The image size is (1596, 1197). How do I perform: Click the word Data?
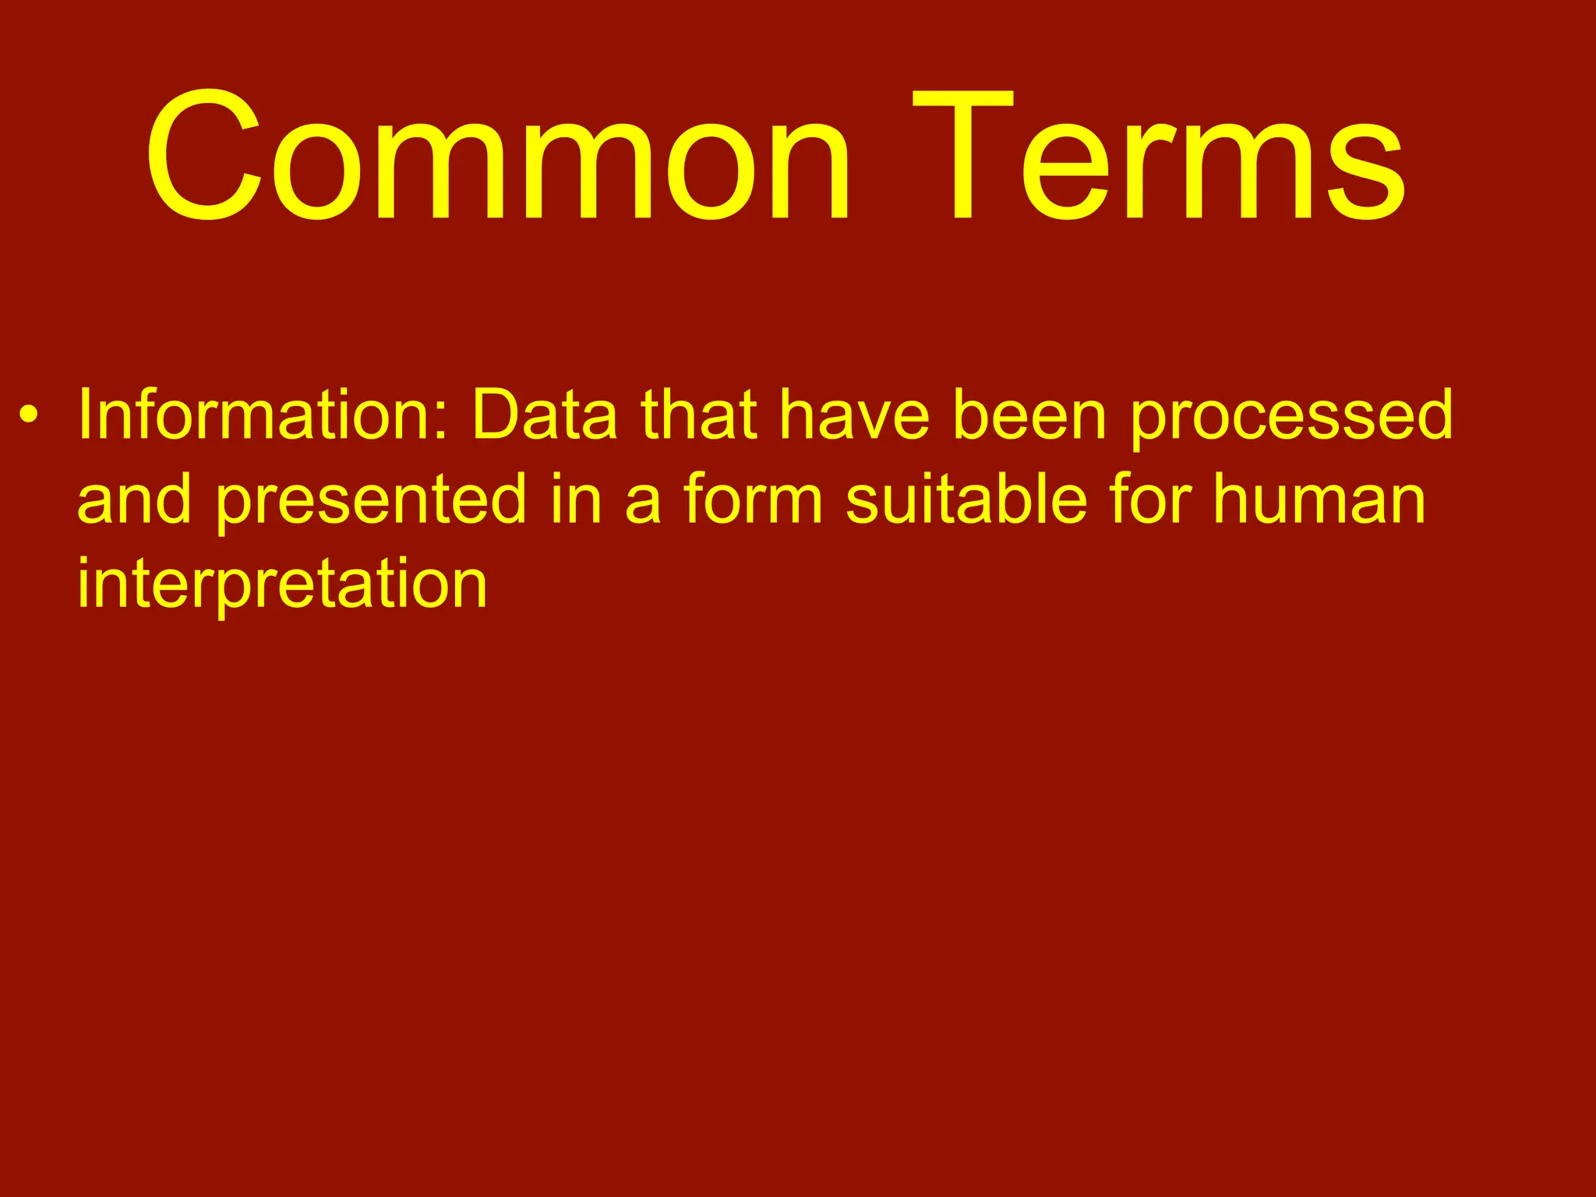coord(545,415)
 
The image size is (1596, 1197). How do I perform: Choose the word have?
coord(855,415)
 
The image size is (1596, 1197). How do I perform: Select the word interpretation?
coord(282,584)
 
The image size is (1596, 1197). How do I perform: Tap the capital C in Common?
coord(204,156)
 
